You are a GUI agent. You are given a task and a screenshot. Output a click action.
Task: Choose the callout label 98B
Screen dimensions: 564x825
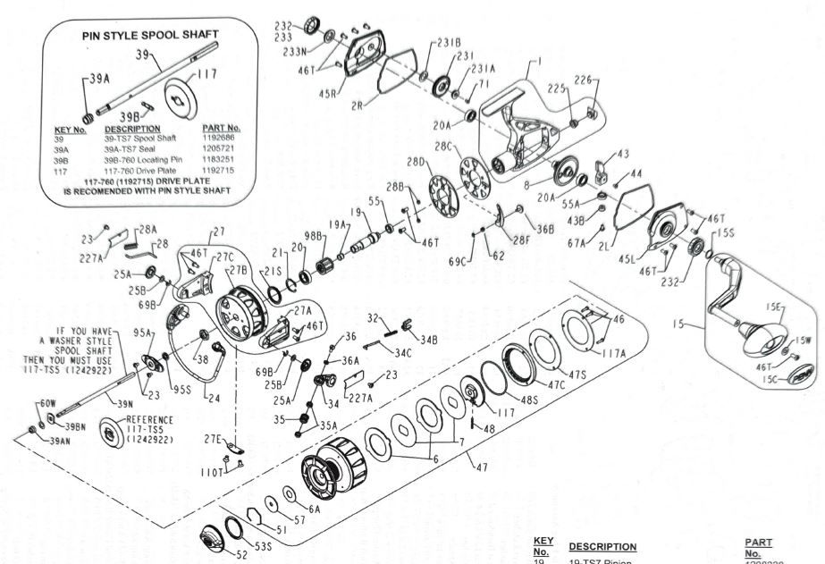(x=314, y=235)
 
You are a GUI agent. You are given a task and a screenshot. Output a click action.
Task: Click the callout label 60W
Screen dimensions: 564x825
(x=46, y=404)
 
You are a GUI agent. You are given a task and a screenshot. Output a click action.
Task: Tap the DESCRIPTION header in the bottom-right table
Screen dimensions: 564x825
(x=602, y=546)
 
